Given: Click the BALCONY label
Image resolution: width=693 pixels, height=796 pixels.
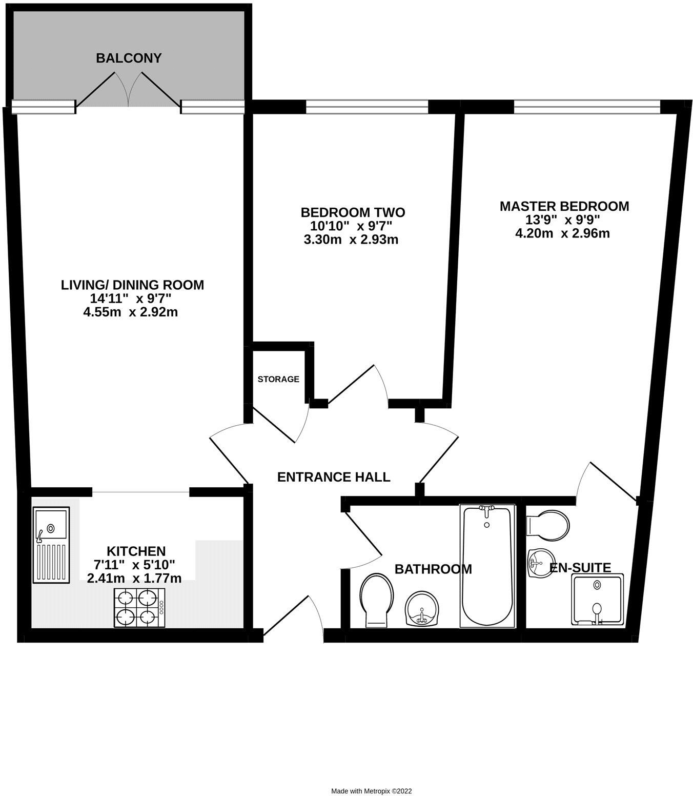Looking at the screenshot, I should (x=129, y=58).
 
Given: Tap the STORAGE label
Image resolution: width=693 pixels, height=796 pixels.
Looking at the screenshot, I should (x=278, y=380).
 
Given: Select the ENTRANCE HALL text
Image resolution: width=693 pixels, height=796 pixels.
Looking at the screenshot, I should (x=334, y=477).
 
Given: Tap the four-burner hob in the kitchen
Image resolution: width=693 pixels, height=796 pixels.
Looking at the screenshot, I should (x=139, y=607).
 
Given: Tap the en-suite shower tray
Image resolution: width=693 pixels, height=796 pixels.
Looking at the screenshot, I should (x=598, y=600).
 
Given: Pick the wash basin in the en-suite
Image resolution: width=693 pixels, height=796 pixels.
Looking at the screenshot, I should (x=541, y=563).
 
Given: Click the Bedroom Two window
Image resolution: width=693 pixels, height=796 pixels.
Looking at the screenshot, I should (x=367, y=107).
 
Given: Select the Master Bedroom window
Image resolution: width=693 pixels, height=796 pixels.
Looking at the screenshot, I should (x=587, y=106).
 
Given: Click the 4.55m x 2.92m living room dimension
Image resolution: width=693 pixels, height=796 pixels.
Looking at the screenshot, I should (x=130, y=312).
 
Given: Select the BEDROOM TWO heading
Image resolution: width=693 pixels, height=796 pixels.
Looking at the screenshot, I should (x=353, y=212).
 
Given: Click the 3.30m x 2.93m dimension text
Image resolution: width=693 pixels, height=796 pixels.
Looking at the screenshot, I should (x=351, y=240).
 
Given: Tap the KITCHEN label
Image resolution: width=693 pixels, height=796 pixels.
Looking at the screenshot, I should (x=136, y=551).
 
